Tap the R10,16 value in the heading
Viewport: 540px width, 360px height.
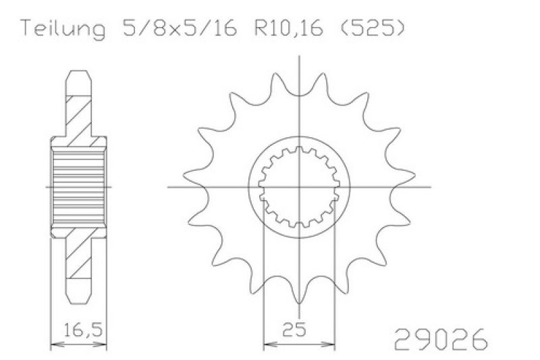[289, 28]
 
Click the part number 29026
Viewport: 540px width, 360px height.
[441, 339]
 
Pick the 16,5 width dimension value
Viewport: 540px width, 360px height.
[84, 330]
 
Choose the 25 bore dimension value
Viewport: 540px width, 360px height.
[294, 330]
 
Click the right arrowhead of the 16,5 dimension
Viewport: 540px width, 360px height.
[102, 344]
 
